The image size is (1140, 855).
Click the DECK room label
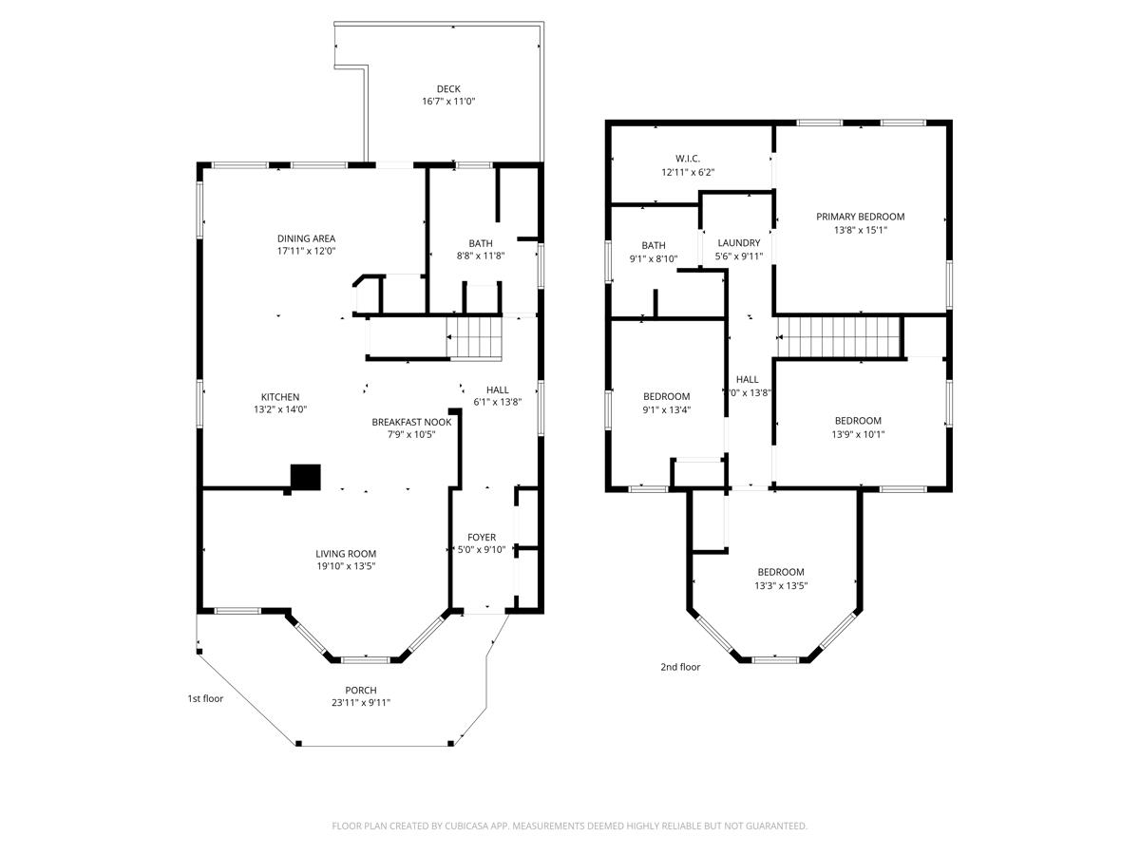pos(448,89)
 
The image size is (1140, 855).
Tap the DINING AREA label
pos(306,238)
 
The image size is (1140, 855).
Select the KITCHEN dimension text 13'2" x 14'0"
pos(280,409)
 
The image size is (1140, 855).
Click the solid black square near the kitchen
pos(305,477)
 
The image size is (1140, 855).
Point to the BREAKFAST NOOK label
pos(411,422)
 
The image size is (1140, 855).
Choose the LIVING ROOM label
pos(346,554)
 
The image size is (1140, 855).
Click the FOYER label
pos(482,537)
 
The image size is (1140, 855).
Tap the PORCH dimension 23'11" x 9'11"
pos(361,703)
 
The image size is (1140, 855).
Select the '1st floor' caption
pos(204,698)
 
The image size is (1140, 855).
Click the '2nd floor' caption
pos(680,667)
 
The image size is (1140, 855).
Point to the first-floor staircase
pos(474,336)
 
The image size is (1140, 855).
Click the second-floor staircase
pos(838,337)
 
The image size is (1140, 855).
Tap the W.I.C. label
pos(688,159)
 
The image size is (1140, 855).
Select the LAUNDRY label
pos(738,243)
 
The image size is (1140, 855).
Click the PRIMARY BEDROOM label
pos(860,217)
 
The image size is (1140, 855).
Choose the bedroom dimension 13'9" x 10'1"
pos(858,433)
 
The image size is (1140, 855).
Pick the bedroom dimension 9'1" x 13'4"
pos(666,409)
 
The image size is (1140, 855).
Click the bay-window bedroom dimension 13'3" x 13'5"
pos(780,585)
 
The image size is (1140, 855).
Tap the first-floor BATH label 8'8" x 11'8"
pos(481,244)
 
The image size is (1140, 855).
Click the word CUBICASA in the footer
pos(471,826)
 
